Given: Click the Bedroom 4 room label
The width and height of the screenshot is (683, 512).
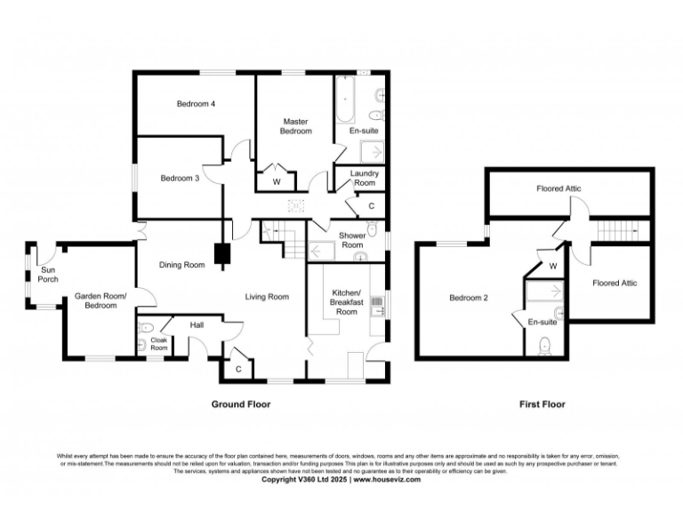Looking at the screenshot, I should point(196,104).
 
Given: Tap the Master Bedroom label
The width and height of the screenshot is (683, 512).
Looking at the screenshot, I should point(297,126).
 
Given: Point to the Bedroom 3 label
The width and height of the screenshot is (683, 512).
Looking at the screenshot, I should point(179,178).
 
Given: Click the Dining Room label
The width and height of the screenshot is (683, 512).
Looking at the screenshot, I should point(181,264).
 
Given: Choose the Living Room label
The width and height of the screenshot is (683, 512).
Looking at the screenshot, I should point(267,296).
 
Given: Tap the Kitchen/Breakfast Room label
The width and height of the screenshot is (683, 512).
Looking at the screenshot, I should point(346,302).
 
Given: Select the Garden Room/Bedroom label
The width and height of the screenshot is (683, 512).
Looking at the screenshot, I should point(100,300).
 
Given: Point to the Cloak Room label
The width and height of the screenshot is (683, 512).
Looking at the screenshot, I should point(159,344).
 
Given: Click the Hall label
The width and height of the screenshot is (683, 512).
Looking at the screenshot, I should point(197,325).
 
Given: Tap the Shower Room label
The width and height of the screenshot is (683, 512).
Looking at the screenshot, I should point(352,240).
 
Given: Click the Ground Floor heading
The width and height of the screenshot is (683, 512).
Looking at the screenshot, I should point(240,404).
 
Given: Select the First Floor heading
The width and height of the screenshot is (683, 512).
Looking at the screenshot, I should point(542,404).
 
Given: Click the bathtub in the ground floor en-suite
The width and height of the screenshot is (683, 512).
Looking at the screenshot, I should point(345,100).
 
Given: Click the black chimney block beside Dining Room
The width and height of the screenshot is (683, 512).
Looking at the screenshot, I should point(221,255).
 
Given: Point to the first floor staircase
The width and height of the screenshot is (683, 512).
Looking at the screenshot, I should point(613,231).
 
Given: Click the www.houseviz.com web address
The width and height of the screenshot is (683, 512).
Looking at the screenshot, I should point(384,479).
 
